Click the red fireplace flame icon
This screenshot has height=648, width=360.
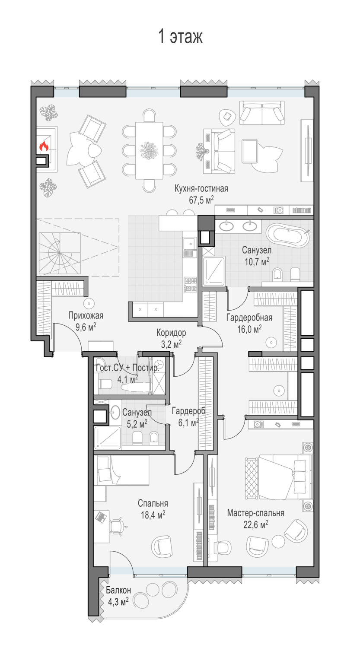(x=44, y=146)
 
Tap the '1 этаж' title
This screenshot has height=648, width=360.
(x=180, y=36)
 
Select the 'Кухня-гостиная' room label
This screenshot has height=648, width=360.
(x=201, y=189)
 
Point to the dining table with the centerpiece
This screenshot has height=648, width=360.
(x=149, y=150)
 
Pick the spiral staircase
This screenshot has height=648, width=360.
(x=60, y=253)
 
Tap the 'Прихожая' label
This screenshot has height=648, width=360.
(x=86, y=315)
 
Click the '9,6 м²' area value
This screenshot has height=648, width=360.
(x=86, y=327)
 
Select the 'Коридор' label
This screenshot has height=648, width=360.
(x=171, y=333)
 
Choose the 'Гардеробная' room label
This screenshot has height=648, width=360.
(x=249, y=318)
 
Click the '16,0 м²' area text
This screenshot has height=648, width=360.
(x=249, y=329)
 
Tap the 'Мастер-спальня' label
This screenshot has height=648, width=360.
(x=255, y=513)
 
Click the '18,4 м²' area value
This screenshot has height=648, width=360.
(x=153, y=515)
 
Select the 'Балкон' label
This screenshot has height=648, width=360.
(x=118, y=590)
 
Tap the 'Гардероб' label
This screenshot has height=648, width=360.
(x=189, y=411)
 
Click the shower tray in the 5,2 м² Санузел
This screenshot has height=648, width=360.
(x=107, y=438)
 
